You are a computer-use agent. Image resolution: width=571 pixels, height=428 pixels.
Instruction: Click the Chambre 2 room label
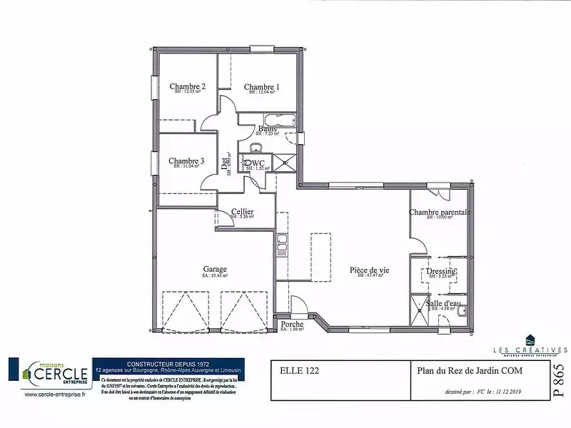pyautogui.click(x=188, y=86)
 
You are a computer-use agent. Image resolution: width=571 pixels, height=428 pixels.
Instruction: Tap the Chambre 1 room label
pyautogui.click(x=261, y=87)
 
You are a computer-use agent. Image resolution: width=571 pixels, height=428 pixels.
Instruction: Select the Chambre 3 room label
pyautogui.click(x=186, y=161)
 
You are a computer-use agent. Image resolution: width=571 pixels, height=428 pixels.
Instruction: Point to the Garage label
pyautogui.click(x=214, y=269)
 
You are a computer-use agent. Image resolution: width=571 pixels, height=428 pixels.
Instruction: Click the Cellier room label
pyautogui.click(x=243, y=212)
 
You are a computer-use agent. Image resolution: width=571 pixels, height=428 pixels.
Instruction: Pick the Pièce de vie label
pyautogui.click(x=369, y=270)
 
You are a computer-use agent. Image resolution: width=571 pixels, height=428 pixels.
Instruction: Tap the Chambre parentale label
pyautogui.click(x=440, y=213)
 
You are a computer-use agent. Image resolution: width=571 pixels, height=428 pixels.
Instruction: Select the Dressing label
pyautogui.click(x=441, y=272)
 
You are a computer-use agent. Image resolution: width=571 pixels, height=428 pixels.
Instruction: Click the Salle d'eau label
pyautogui.click(x=443, y=303)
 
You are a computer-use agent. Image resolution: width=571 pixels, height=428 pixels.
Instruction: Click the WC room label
pyautogui.click(x=258, y=163)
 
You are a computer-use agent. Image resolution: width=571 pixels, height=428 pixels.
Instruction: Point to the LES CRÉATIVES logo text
pyautogui.click(x=530, y=350)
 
